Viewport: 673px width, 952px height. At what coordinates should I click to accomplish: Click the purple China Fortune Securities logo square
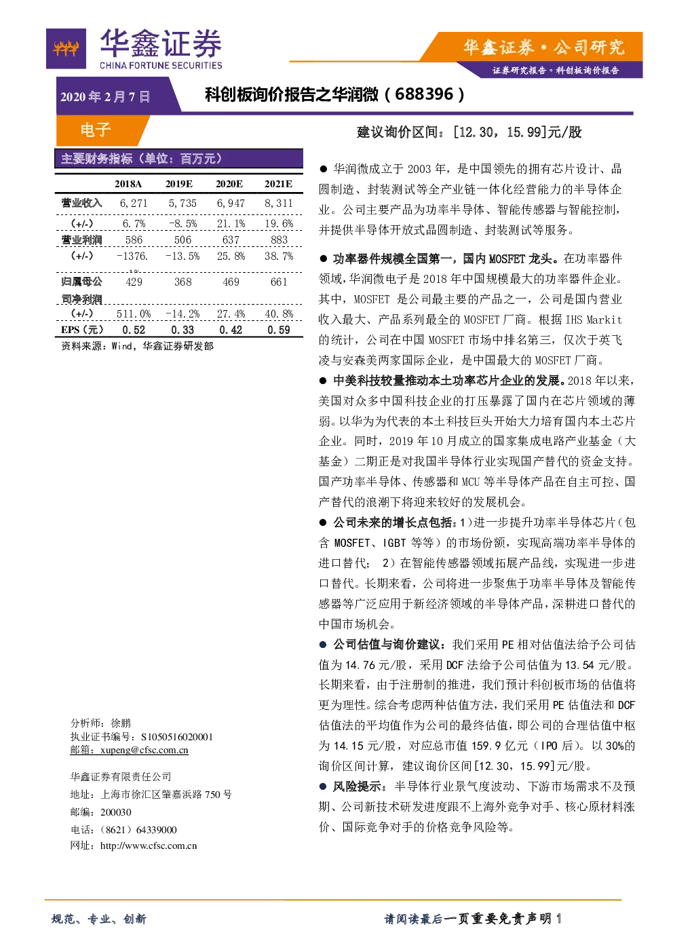pos(66,48)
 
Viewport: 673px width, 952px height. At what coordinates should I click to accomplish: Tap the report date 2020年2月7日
pos(105,97)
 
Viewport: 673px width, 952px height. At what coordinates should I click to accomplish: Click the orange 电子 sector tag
pos(96,130)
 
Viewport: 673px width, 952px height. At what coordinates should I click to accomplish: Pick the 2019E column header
pos(179,184)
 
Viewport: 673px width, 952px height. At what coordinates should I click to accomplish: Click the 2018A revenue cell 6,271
pos(134,203)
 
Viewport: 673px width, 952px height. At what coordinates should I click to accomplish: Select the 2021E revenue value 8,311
pos(279,203)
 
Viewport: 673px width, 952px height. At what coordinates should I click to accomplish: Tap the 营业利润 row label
pos(81,240)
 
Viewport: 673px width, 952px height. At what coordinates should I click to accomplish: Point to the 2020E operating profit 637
pos(231,240)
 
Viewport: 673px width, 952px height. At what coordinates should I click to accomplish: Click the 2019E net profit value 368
pos(182,282)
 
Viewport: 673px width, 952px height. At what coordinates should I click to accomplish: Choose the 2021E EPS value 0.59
pos(279,330)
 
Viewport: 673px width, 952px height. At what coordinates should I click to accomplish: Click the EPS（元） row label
pos(82,330)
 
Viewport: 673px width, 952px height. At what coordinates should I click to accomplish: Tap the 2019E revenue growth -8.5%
pos(182,223)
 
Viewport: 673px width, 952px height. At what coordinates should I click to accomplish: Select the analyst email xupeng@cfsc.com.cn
pos(144,750)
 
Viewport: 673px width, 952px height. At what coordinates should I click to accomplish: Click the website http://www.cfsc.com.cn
pos(149,845)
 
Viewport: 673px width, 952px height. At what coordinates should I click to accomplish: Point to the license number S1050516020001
pos(177,737)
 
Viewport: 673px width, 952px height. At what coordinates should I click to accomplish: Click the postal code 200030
pos(115,812)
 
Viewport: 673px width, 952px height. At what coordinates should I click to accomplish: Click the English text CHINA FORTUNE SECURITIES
pos(161,65)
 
